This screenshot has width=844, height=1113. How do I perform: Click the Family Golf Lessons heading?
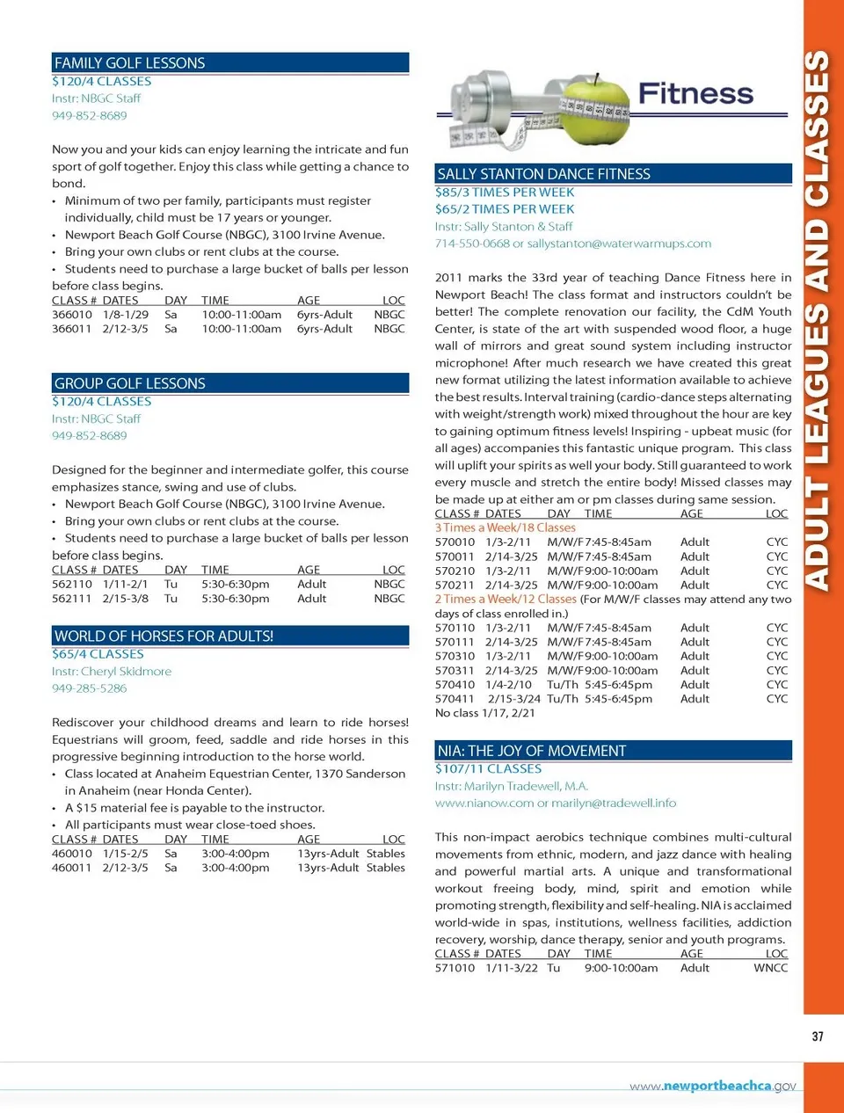[130, 63]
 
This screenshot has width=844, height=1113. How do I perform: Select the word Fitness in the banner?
[695, 93]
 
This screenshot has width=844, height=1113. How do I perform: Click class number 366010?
[72, 315]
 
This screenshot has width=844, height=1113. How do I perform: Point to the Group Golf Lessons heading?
[130, 383]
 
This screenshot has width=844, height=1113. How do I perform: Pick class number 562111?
[72, 599]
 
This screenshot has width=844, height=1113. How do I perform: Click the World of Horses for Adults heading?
[164, 636]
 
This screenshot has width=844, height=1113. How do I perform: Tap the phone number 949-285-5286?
[89, 688]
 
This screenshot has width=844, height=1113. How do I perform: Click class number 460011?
[72, 868]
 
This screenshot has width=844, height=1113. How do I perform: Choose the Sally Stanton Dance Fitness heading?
[543, 174]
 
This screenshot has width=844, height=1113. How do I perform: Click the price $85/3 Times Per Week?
[505, 193]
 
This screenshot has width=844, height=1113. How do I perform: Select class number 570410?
[455, 685]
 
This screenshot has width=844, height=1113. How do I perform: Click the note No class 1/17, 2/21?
[484, 713]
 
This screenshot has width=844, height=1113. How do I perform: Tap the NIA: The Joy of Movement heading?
[532, 751]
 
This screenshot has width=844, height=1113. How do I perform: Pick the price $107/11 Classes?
[488, 769]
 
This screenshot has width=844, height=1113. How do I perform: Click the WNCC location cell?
[771, 968]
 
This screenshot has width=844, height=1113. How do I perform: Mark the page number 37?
[818, 1037]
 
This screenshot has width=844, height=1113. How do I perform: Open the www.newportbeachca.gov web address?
[713, 1086]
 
